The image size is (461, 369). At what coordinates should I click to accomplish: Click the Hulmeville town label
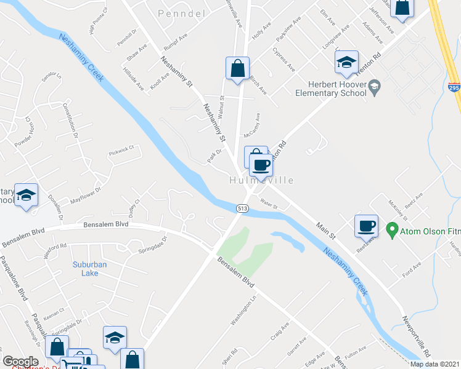click(261, 181)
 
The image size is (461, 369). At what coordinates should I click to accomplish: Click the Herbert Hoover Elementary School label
click(339, 89)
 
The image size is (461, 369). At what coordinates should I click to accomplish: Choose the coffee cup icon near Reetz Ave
click(367, 225)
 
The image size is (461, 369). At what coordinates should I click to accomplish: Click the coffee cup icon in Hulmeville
click(261, 164)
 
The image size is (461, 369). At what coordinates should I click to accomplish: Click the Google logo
click(20, 362)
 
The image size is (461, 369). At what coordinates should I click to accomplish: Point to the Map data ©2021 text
click(434, 364)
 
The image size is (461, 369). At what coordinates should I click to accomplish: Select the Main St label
click(325, 231)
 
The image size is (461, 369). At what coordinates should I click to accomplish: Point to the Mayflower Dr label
click(84, 199)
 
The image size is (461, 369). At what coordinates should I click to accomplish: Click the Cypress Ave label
click(287, 42)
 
